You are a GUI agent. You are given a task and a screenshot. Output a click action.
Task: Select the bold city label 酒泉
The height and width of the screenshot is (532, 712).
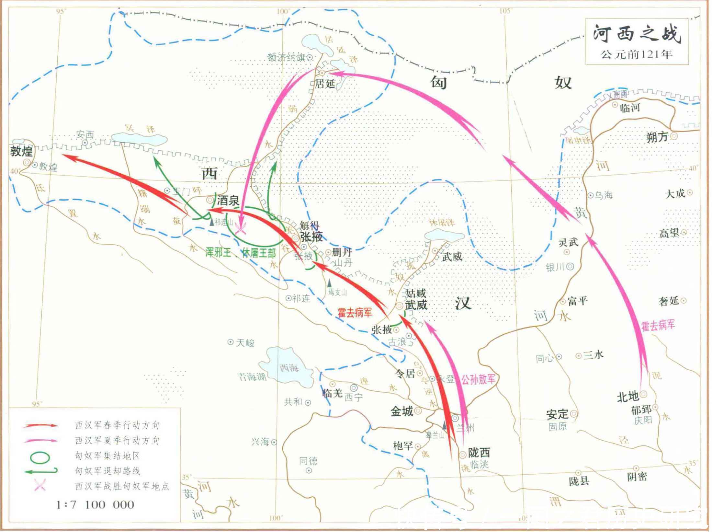click(x=228, y=201)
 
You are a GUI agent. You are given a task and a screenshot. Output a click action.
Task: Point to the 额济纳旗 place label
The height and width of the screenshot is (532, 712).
click(x=286, y=57)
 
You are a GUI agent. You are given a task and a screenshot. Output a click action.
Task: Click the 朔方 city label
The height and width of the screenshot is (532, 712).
click(x=657, y=137)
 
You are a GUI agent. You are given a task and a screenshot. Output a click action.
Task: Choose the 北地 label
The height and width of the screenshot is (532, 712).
click(x=627, y=396)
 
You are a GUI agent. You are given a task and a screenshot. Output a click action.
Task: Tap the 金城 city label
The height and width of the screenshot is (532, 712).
click(x=401, y=411)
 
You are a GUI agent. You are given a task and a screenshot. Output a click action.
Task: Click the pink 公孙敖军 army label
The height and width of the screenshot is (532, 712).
click(x=478, y=379)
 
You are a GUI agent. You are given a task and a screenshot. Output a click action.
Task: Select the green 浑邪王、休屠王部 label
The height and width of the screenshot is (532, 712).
click(x=240, y=253)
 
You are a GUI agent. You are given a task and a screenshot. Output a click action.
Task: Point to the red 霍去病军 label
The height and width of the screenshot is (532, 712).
click(x=355, y=313)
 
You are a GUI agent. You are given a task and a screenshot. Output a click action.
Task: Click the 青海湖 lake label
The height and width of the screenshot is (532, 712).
click(x=252, y=377)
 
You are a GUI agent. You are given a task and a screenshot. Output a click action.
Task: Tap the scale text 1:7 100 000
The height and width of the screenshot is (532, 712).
click(x=95, y=504)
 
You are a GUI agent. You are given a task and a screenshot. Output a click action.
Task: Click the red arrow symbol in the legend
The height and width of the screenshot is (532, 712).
click(x=40, y=425)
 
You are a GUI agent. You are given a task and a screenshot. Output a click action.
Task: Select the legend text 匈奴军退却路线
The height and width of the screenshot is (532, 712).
click(x=107, y=471)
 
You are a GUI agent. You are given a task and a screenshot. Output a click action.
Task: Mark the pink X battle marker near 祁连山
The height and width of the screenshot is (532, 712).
click(x=241, y=229)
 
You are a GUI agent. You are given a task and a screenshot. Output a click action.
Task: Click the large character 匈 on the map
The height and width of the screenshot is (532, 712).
click(x=439, y=83)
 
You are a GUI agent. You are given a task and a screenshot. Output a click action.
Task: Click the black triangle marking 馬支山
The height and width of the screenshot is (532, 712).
click(x=329, y=283)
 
